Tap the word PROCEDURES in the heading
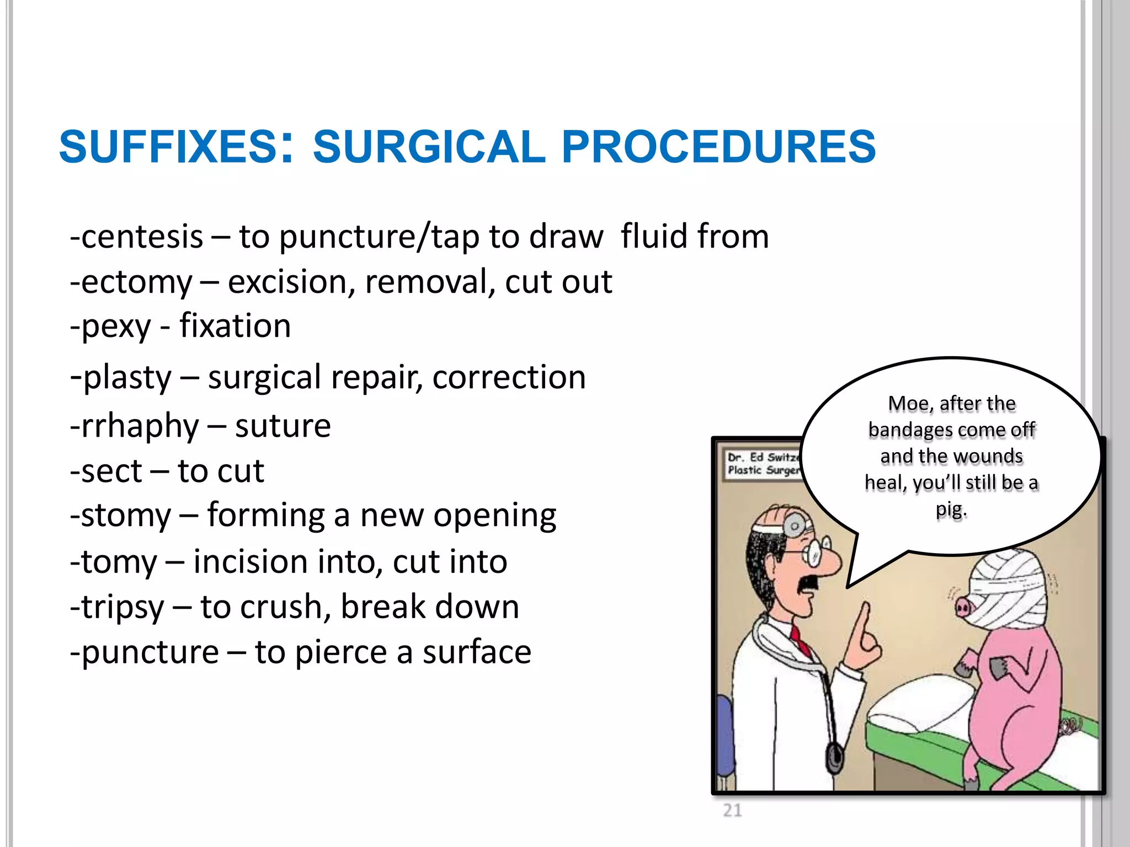(x=718, y=147)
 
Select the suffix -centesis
(x=136, y=237)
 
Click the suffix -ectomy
(x=131, y=283)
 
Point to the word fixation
(x=235, y=326)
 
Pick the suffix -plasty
(x=121, y=378)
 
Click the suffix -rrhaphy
(x=134, y=426)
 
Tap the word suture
(x=282, y=426)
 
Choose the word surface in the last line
(x=477, y=652)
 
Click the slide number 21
(x=732, y=810)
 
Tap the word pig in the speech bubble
(x=951, y=510)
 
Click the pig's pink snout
(x=963, y=608)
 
